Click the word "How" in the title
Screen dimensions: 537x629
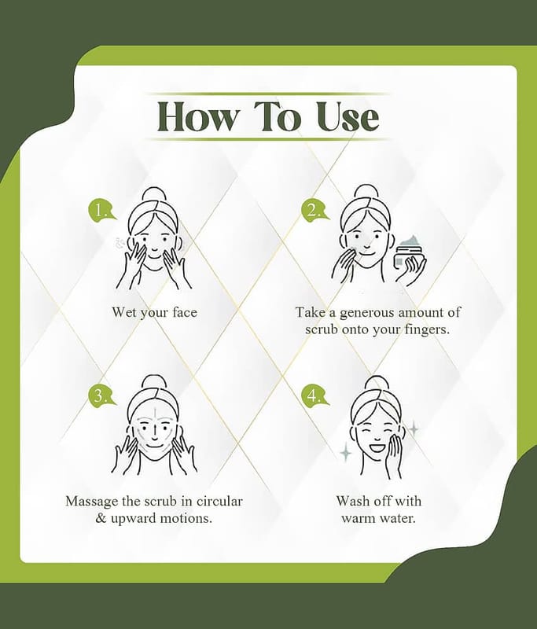pos(197,116)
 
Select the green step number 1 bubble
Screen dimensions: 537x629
pos(101,210)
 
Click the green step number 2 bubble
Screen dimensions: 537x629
pos(314,210)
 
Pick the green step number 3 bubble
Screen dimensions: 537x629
pos(101,395)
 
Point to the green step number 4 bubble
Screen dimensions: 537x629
pos(314,395)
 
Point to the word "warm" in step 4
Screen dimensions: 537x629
pos(358,519)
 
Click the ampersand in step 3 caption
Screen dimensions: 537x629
pos(101,518)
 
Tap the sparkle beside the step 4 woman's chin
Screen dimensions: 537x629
pos(346,454)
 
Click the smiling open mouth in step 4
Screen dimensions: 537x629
pos(377,446)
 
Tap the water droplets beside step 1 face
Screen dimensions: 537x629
pos(119,244)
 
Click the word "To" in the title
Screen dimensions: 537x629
pos(277,116)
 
